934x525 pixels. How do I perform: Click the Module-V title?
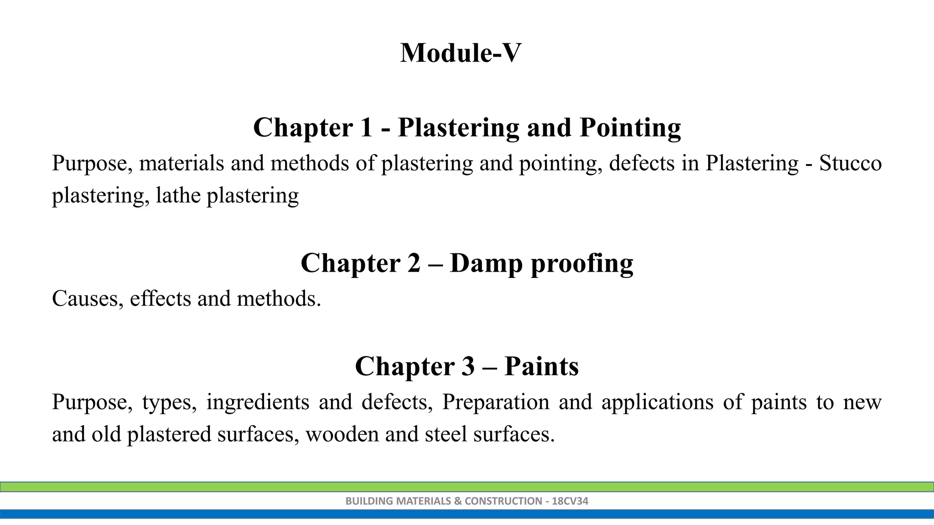coord(461,53)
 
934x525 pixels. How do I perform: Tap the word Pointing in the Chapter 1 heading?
coord(630,128)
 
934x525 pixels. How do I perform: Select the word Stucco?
coord(850,163)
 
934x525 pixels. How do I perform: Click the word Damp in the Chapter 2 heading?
coord(486,263)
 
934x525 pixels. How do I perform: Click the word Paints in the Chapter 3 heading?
coord(541,366)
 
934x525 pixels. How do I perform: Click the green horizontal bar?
coord(467,487)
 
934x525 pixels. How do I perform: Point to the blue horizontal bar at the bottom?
coord(467,514)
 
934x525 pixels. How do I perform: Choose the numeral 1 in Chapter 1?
coord(366,128)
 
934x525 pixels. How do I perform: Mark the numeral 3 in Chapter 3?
coord(467,366)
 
